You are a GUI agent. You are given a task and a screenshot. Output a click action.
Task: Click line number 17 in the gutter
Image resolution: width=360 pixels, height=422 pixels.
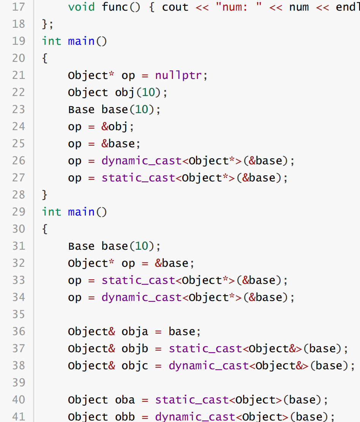(18, 7)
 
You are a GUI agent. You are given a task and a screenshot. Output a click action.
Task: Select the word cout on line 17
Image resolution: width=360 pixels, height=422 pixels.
(175, 7)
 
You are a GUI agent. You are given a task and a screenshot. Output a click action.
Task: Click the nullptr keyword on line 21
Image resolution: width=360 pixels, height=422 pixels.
(178, 75)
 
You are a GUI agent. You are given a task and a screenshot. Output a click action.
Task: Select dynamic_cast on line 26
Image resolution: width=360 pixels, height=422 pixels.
(142, 161)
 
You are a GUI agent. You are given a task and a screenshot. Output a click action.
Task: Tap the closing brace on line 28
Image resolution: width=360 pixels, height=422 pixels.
(45, 195)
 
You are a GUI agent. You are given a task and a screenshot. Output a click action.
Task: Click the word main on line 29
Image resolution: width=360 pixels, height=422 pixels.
(81, 212)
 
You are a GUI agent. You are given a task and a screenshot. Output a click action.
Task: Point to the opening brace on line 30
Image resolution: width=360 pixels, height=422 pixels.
(45, 229)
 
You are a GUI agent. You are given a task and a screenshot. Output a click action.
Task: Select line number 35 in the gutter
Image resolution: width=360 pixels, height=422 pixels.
(18, 314)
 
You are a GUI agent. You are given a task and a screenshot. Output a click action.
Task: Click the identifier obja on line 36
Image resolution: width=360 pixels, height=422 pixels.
(135, 331)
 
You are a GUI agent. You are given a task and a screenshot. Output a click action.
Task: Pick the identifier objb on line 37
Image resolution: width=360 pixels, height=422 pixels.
(135, 348)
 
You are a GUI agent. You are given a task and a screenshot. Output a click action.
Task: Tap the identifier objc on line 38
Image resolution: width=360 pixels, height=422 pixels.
(135, 365)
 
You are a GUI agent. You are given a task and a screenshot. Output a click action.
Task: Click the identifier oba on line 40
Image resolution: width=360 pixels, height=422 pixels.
(125, 400)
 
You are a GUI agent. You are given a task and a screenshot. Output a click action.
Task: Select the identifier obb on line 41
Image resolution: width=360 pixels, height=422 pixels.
(125, 417)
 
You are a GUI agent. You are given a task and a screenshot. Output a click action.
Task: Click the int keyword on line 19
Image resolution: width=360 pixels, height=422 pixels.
(51, 41)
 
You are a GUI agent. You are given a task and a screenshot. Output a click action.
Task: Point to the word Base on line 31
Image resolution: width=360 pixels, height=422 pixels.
(81, 246)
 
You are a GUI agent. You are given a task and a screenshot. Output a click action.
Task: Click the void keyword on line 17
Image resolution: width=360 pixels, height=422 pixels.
(81, 7)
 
